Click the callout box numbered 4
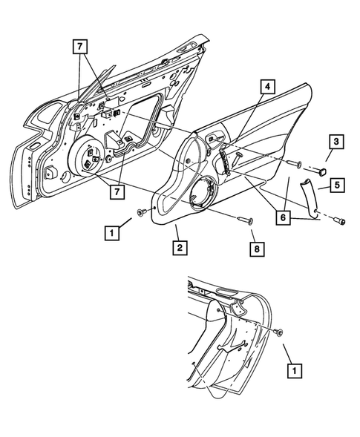coord(267,87)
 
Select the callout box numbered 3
coord(336,142)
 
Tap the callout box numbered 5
coord(337,185)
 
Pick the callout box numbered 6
coord(283,217)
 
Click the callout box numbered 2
coord(180,248)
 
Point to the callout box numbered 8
coord(257,249)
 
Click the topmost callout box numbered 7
coord(80,47)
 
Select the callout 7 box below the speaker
coord(117,191)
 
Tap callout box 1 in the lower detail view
coord(295,371)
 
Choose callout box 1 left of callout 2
coord(112,233)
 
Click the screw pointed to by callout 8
coord(246,220)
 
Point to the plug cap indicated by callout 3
coord(322,171)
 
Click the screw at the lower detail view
coord(278,332)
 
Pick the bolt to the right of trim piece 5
coord(340,221)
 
